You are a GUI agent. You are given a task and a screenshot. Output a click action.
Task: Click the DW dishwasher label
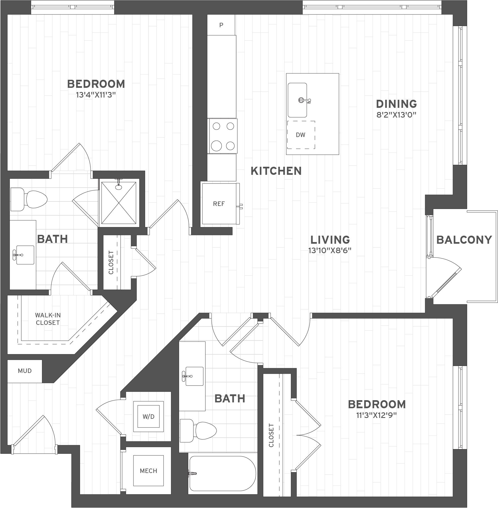pos(301,135)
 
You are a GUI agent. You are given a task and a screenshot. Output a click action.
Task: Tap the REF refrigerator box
pos(219,204)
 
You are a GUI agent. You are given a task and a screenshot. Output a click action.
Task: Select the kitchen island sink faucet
pos(304,100)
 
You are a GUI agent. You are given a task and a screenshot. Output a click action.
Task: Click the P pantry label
pos(221,25)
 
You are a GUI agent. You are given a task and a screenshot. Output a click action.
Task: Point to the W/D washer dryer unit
pos(148,417)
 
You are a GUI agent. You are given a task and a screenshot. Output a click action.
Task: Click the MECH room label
pos(148,471)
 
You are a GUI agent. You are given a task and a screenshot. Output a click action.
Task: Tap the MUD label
pos(25,371)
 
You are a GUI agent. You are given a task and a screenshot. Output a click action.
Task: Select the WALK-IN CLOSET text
pos(48,319)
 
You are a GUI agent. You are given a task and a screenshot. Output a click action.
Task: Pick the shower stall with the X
pos(119,203)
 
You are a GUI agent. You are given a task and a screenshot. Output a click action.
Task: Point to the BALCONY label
pos(464,240)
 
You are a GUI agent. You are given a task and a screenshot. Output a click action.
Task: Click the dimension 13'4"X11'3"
pos(96,95)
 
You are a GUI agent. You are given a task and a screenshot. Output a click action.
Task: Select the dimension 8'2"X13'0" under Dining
pos(396,115)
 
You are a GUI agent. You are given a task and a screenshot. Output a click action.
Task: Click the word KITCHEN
pos(276,171)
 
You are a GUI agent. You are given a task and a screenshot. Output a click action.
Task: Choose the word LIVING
pos(330,240)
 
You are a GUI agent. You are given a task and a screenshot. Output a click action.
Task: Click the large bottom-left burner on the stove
pos(217,145)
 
